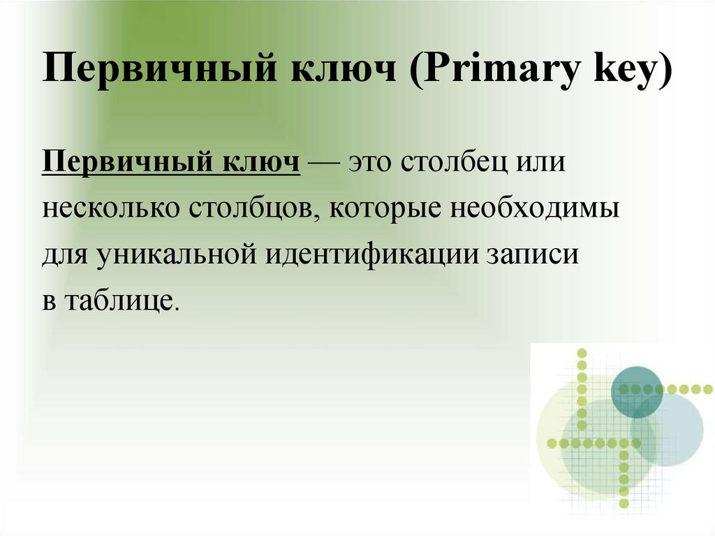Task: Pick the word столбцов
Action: point(254,209)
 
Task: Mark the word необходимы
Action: point(531,209)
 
